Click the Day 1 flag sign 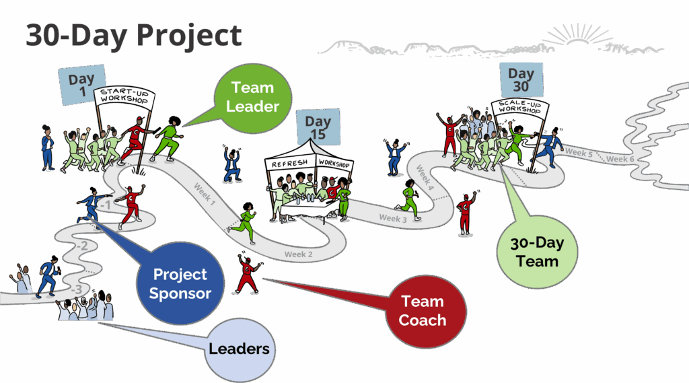coord(82,85)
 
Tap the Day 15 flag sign coord(318,127)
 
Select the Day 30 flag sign coord(521,79)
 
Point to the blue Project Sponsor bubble coord(180,283)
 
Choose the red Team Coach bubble coord(422,310)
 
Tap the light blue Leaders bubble coord(239,348)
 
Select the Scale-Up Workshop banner coord(519,108)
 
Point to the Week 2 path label coord(299,254)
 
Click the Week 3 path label coord(393,217)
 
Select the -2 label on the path coord(81,246)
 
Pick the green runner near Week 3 coord(409,200)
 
